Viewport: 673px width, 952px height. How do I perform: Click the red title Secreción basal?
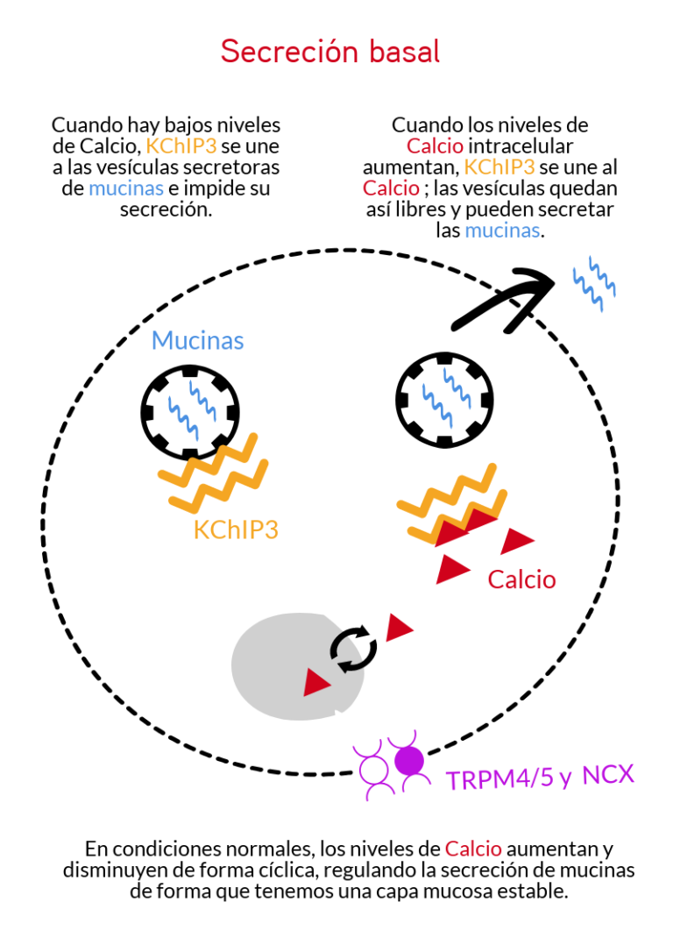329,52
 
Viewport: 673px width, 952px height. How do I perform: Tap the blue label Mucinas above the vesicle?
197,340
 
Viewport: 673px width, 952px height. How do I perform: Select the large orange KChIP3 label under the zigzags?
236,529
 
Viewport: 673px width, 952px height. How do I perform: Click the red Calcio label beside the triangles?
521,579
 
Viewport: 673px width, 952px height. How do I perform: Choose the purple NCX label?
607,775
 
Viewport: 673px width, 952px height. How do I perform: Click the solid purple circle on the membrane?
408,760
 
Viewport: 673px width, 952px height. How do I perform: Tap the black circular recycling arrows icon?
353,650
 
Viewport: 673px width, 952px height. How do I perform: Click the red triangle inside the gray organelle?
316,682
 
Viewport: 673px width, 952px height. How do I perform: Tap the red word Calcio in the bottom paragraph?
473,849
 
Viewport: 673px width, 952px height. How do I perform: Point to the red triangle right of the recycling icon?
400,627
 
